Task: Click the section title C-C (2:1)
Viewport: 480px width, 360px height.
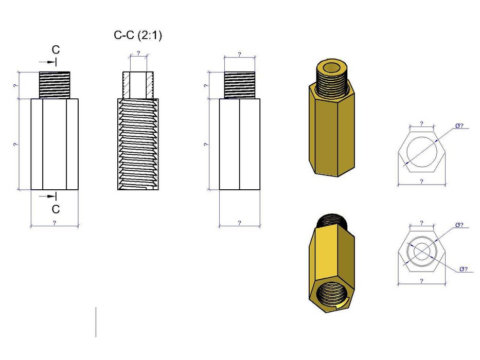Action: [137, 35]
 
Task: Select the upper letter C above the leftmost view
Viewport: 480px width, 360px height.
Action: [56, 50]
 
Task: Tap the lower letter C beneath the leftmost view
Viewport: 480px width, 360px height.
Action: [56, 209]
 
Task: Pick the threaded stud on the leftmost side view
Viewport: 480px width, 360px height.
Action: [55, 85]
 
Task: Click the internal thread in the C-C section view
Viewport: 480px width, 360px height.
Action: [138, 144]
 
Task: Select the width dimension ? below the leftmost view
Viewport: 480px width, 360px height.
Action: [55, 223]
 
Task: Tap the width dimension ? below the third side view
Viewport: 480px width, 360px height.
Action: [239, 223]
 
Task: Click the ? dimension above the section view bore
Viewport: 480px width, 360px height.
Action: [138, 53]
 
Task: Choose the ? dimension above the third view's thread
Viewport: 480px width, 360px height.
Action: [239, 54]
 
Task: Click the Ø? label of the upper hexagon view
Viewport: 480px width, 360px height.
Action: [459, 125]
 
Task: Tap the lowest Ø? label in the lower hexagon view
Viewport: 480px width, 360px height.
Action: [463, 269]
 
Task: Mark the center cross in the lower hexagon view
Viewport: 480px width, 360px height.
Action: [421, 251]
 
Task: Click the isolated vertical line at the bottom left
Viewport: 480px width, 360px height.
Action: [96, 322]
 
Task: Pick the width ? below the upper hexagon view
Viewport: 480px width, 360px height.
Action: [421, 182]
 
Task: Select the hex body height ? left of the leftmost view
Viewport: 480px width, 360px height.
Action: [15, 145]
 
